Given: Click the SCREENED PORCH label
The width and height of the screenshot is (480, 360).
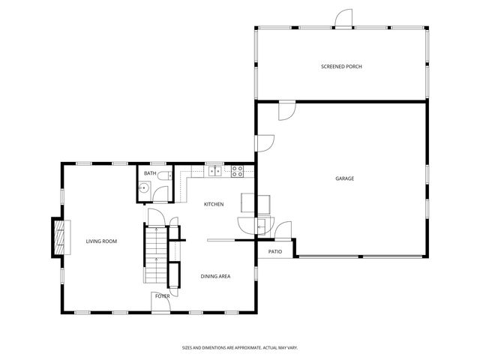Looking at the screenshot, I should coord(341,67).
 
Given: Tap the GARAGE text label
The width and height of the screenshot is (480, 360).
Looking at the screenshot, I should coord(344,178).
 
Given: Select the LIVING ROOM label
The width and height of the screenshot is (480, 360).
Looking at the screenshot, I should coord(101,241).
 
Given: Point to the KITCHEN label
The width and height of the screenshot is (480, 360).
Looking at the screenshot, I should coord(214,204).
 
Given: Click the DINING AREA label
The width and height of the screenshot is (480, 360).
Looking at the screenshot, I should coord(215,277).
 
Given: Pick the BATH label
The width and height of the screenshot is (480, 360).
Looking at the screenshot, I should coord(150,174).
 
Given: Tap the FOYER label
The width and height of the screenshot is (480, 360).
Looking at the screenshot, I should coord(162,296).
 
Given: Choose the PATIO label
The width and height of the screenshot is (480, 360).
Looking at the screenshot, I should coord(275,251).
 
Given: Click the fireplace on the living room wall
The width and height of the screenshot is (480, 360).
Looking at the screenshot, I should coord(58,238).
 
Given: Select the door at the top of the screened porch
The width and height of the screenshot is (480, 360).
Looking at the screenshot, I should coord(343,19).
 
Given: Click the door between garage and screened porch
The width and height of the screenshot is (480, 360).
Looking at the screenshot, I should coord(286,111).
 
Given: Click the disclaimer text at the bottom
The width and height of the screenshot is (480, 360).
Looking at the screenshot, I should coord(239,347).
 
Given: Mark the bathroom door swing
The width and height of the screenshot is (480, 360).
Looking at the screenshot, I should coord(158,195).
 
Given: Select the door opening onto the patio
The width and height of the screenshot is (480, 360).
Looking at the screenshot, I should coord(281,230).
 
